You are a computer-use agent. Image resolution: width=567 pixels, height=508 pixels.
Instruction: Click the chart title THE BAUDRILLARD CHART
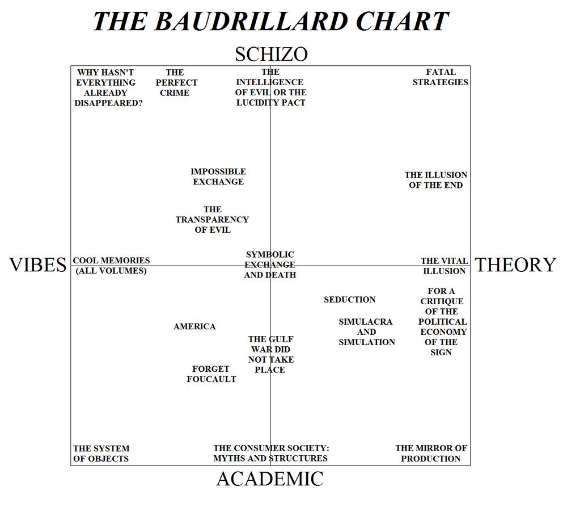click(x=271, y=21)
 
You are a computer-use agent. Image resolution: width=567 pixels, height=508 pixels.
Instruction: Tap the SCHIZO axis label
click(x=271, y=54)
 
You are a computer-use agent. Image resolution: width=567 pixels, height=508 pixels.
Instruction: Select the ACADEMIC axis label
click(x=270, y=478)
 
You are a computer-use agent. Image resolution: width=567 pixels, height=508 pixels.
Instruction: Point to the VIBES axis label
click(x=37, y=265)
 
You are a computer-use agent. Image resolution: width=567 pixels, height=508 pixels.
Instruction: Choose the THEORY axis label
click(x=515, y=265)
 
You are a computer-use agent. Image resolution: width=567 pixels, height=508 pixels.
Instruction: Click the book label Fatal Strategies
click(x=441, y=77)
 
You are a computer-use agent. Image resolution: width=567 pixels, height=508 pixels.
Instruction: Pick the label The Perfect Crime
click(x=176, y=82)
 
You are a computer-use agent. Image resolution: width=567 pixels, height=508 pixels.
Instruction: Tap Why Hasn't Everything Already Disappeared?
click(x=108, y=87)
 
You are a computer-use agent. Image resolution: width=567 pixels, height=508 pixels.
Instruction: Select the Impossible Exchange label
click(x=218, y=177)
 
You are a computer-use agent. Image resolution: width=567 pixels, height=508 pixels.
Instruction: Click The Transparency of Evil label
click(x=212, y=220)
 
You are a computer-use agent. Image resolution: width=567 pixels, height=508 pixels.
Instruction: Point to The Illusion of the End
click(x=435, y=180)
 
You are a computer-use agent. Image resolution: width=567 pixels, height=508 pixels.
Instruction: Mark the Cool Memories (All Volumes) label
click(x=111, y=266)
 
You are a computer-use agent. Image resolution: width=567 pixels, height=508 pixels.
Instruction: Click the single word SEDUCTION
click(x=350, y=300)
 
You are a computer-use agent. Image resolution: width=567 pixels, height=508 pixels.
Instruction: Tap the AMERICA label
click(x=194, y=326)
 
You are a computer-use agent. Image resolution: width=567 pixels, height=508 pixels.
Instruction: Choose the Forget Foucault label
click(x=211, y=374)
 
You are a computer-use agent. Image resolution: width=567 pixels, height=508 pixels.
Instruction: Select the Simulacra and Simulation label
click(x=367, y=331)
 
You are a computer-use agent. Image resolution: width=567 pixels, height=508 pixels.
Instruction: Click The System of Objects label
click(x=101, y=454)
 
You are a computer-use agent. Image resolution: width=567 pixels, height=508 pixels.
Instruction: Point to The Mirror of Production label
click(x=431, y=453)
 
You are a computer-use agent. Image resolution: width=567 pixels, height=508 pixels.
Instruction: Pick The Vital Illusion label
click(x=445, y=266)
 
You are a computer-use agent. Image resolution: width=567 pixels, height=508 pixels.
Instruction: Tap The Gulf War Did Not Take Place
click(x=270, y=355)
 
